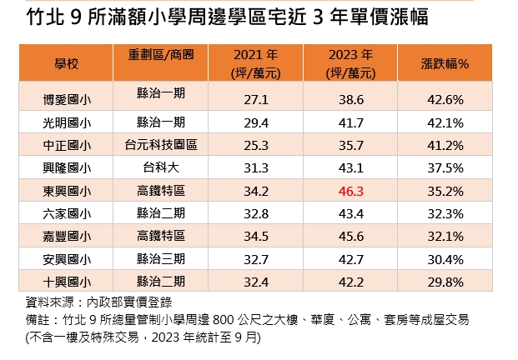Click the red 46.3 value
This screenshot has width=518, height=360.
(351, 192)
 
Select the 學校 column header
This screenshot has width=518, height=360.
(67, 63)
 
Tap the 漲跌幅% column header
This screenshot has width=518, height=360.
(445, 63)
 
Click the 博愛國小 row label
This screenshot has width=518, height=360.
(67, 100)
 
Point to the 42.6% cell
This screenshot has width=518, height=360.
(445, 100)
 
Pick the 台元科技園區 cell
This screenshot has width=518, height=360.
(161, 145)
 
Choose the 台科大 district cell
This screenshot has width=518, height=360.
(161, 167)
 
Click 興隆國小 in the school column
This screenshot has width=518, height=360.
(67, 168)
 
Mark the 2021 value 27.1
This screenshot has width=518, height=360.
(256, 100)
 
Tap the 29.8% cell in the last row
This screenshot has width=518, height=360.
(445, 282)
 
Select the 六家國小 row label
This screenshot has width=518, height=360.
(67, 214)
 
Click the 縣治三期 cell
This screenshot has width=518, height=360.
(161, 259)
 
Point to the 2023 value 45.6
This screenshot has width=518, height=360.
(351, 237)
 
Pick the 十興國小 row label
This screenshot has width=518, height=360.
(67, 282)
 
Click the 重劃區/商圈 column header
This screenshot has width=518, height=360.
(161, 54)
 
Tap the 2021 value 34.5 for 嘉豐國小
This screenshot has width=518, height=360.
(256, 237)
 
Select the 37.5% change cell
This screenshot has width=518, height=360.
(445, 168)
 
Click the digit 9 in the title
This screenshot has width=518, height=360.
(76, 17)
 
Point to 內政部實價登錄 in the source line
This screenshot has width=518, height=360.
(129, 302)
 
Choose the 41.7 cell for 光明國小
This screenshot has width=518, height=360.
(351, 123)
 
